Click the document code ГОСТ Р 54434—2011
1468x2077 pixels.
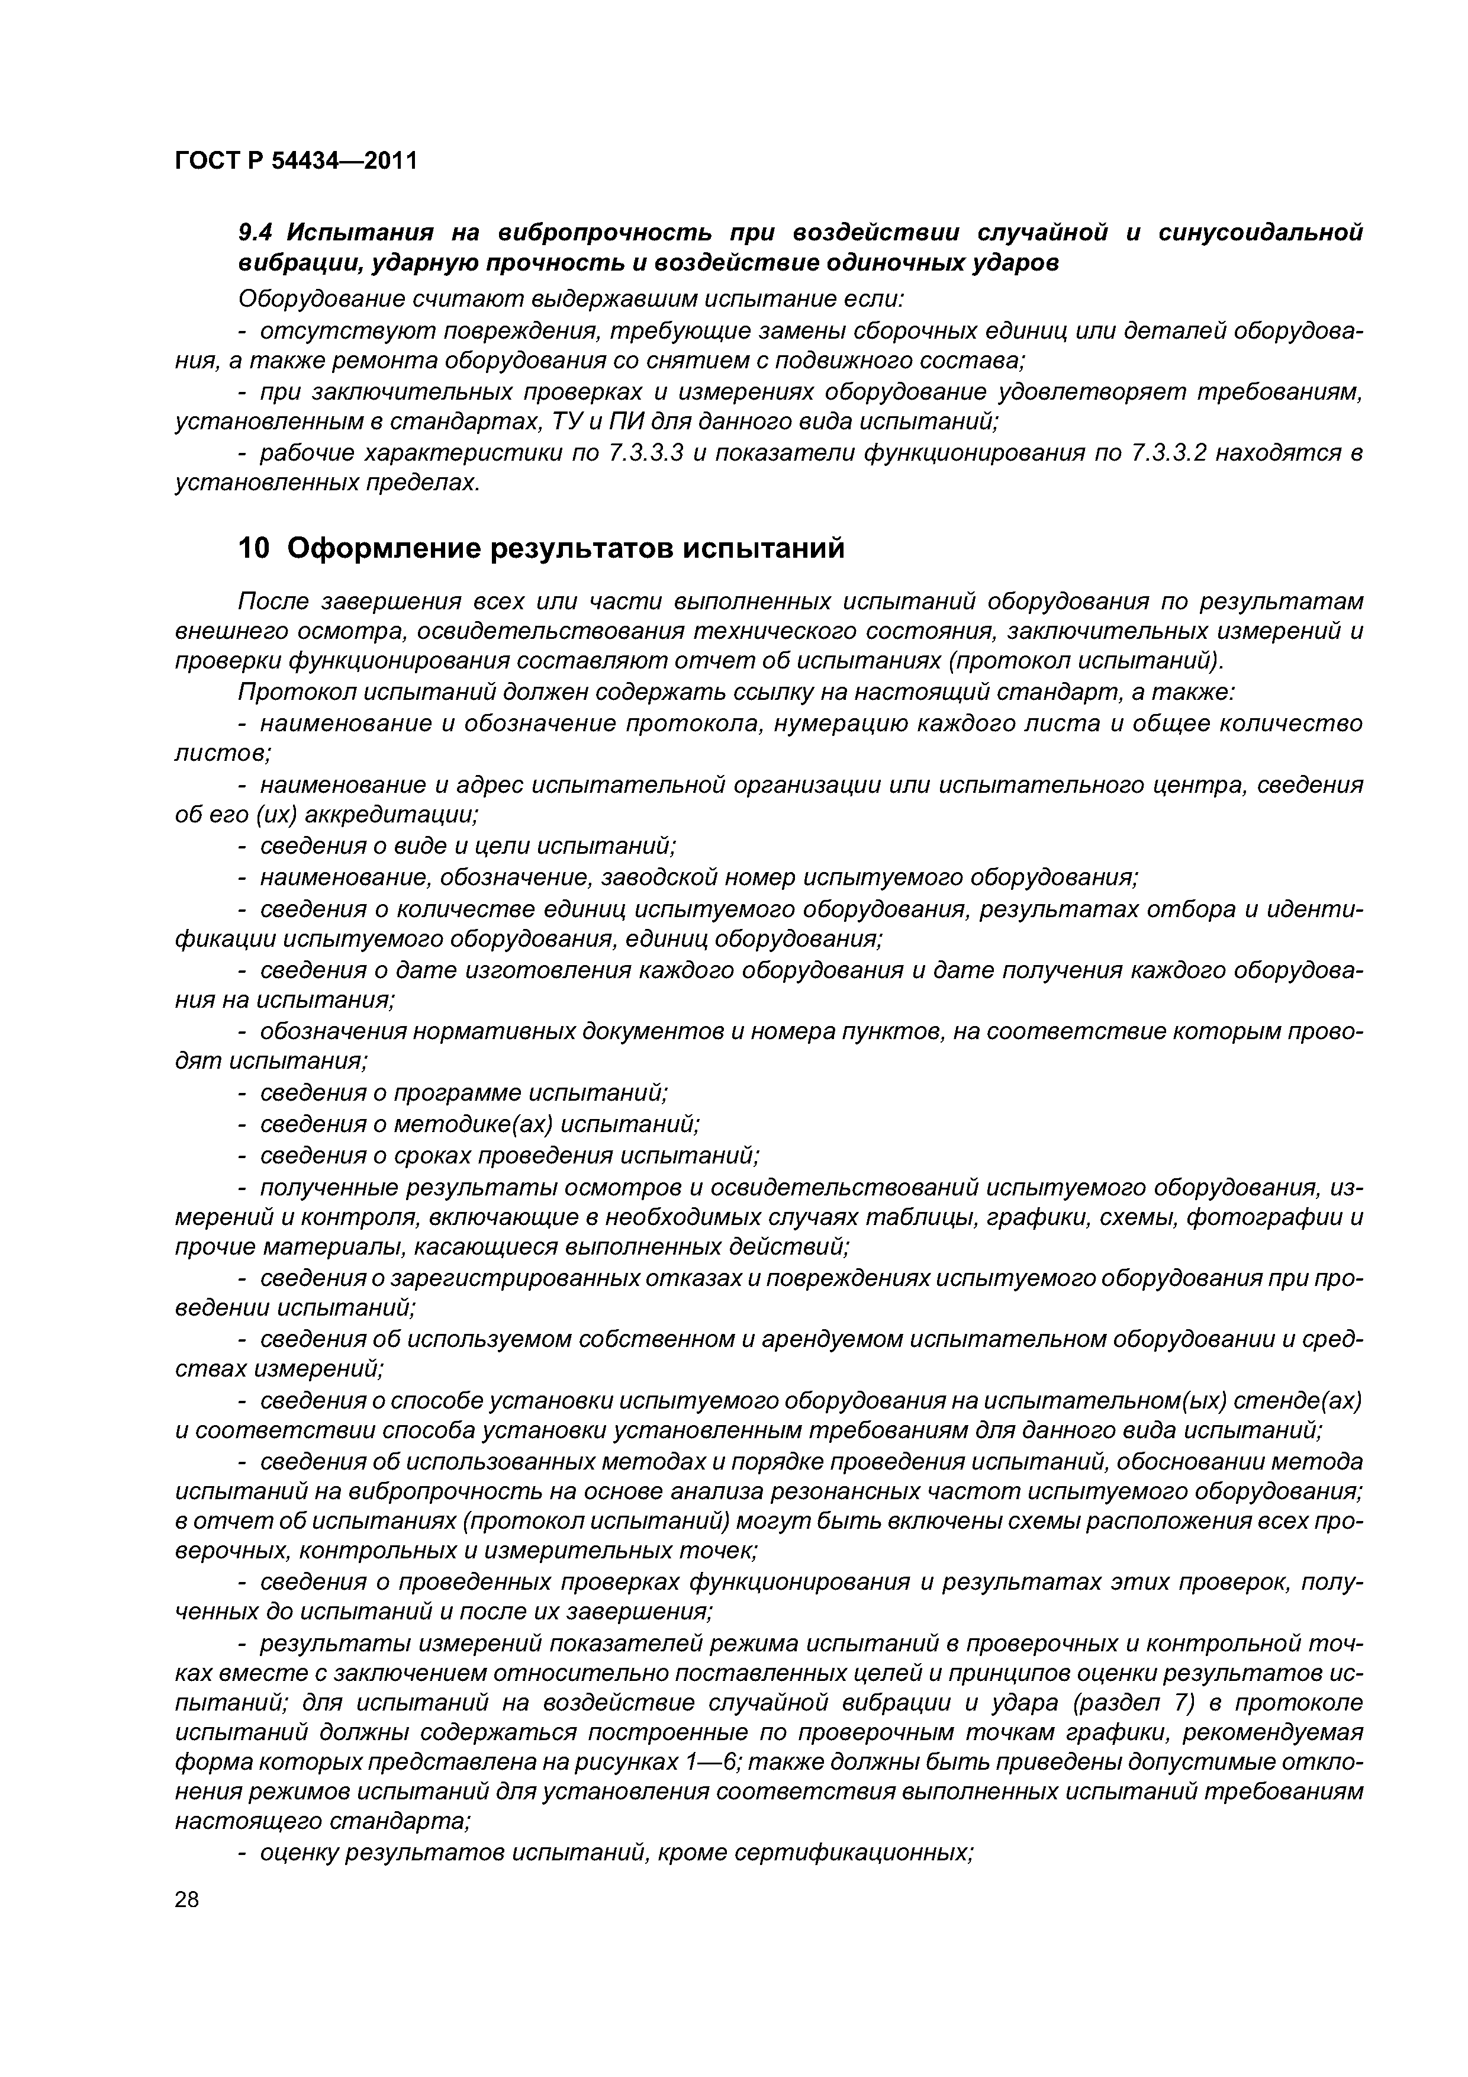pyautogui.click(x=296, y=161)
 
